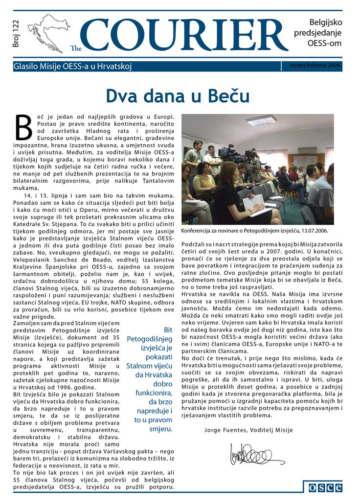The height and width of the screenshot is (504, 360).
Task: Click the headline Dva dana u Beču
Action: (x=178, y=95)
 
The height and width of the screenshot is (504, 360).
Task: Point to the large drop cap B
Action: (x=24, y=128)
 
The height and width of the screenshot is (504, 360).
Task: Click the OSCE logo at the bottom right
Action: (x=323, y=487)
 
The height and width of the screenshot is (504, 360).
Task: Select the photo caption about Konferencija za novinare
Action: (x=254, y=230)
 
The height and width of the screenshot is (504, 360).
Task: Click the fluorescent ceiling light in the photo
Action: (x=262, y=120)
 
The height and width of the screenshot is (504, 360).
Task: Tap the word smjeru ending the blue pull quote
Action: (x=161, y=429)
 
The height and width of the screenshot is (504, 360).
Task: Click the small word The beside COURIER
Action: (x=76, y=48)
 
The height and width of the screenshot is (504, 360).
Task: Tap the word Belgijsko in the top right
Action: (x=325, y=22)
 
